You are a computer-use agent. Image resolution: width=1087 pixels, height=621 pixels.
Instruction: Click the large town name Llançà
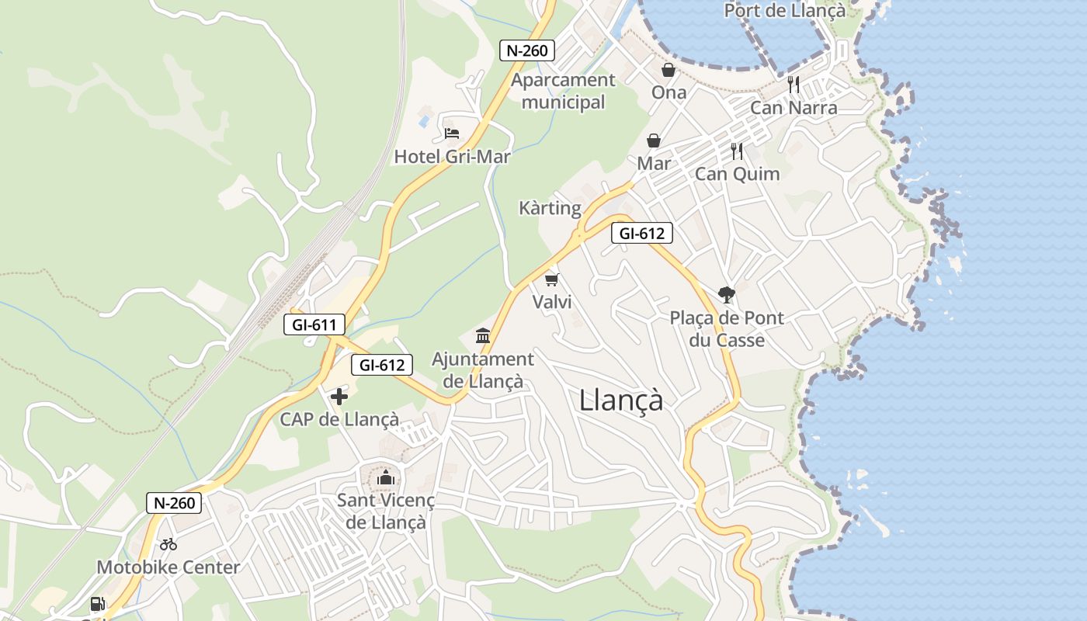[621, 401]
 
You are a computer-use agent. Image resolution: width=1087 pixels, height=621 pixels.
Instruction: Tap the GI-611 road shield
[314, 324]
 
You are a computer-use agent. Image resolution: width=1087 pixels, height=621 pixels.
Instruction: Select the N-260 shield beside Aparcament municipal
[527, 51]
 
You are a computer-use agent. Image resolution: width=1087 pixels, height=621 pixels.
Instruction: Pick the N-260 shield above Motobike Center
[174, 503]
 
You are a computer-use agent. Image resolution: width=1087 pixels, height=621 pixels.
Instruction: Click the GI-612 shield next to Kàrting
[641, 233]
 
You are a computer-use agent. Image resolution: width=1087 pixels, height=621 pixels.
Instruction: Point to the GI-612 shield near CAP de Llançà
[381, 365]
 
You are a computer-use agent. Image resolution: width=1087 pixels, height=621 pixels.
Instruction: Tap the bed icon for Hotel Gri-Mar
[452, 134]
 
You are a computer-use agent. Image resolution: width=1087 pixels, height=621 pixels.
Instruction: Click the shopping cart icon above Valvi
[552, 279]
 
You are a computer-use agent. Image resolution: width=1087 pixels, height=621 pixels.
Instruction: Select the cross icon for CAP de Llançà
[339, 397]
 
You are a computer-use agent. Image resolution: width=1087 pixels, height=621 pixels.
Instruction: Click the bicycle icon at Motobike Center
[168, 544]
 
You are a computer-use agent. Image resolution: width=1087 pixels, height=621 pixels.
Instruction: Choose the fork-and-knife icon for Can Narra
[794, 85]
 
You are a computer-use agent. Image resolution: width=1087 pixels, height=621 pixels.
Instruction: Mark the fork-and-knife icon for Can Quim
[737, 151]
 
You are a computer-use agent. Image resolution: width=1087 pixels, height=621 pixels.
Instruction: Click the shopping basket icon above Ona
[669, 70]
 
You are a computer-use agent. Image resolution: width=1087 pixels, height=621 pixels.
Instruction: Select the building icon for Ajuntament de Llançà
[483, 336]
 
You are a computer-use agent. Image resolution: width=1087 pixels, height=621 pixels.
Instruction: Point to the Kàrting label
[550, 208]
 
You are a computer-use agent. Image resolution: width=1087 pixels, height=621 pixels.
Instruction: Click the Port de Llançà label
[784, 11]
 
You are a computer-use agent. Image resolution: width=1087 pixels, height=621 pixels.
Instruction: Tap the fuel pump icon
[98, 604]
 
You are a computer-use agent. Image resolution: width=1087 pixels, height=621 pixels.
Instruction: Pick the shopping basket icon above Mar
[654, 141]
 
